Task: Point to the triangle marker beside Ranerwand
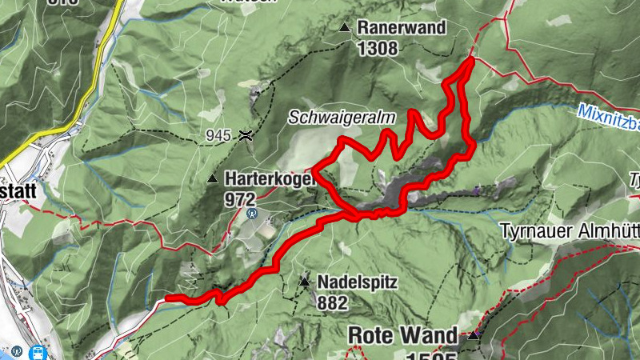345,27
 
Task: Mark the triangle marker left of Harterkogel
212,178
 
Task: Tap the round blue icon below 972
252,214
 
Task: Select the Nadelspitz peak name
357,282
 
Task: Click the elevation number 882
332,302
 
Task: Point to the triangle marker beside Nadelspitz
304,282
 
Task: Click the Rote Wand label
403,335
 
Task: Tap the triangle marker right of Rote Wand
474,335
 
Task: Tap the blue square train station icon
38,351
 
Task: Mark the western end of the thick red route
167,299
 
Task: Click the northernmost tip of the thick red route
470,58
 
